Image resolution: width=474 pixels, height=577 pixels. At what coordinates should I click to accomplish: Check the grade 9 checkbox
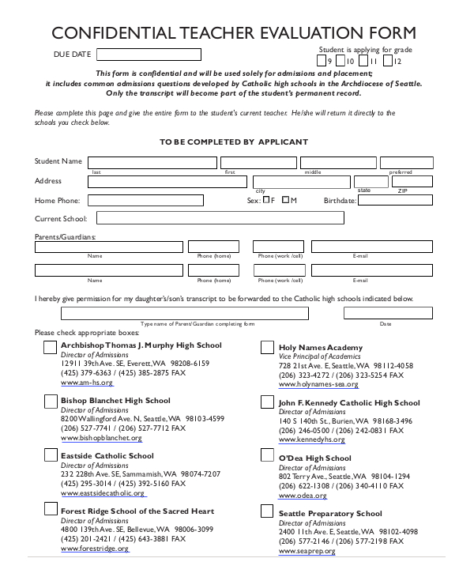pyautogui.click(x=321, y=61)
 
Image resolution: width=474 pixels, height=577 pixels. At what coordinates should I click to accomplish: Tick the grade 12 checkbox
pyautogui.click(x=388, y=61)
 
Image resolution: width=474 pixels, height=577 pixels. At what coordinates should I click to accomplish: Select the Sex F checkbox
pyautogui.click(x=266, y=200)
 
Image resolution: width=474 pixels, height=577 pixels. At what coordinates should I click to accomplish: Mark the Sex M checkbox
pyautogui.click(x=286, y=200)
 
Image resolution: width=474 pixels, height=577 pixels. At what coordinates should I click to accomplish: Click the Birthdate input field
pyautogui.click(x=395, y=201)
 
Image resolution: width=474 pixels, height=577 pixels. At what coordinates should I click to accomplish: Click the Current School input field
pyautogui.click(x=265, y=218)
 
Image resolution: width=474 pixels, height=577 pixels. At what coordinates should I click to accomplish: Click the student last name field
pyautogui.click(x=152, y=162)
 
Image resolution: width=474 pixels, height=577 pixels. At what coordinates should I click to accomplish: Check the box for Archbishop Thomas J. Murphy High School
pyautogui.click(x=50, y=347)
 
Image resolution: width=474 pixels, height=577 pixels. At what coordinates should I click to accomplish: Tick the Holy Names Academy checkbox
pyautogui.click(x=267, y=348)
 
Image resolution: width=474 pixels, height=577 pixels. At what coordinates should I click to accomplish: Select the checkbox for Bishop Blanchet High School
pyautogui.click(x=50, y=402)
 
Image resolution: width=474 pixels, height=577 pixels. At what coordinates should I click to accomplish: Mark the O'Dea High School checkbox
pyautogui.click(x=267, y=457)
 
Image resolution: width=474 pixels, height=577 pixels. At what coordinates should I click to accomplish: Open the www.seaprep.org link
pyautogui.click(x=307, y=552)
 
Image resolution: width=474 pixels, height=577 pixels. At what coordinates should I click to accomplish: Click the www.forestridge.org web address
pyautogui.click(x=95, y=549)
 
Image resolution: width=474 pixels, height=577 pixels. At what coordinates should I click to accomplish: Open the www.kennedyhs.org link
pyautogui.click(x=310, y=441)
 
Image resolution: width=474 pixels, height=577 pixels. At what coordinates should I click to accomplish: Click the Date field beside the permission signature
pyautogui.click(x=387, y=313)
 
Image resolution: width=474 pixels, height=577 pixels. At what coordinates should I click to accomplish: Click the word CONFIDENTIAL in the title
pyautogui.click(x=95, y=33)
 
